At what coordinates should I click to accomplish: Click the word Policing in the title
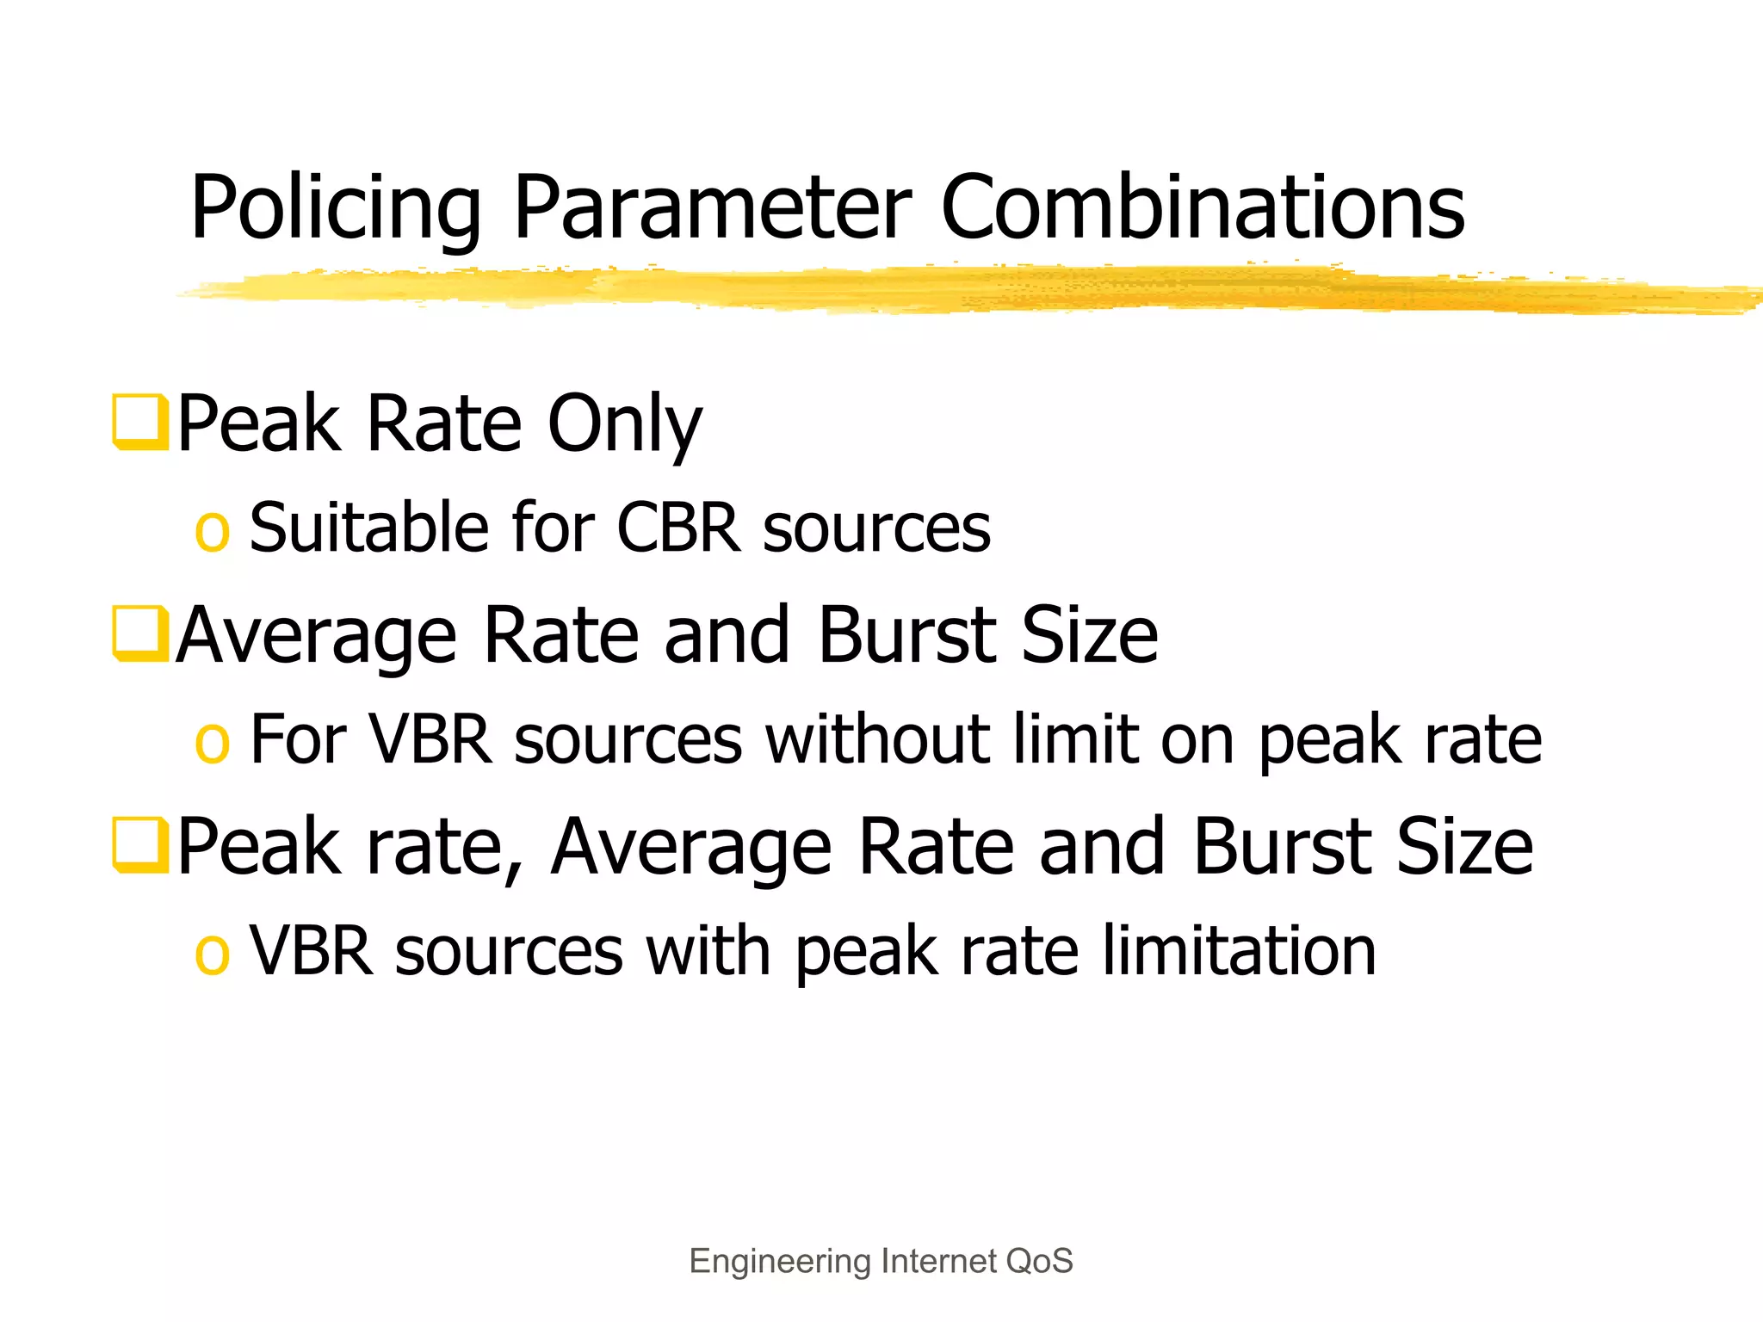[335, 208]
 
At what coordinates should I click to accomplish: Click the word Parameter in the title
[712, 208]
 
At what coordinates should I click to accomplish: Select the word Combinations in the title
[1203, 208]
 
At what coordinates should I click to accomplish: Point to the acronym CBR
[678, 527]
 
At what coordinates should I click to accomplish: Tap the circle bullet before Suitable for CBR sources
[212, 530]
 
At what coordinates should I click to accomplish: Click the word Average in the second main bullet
[316, 637]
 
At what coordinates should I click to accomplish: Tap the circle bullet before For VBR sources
[212, 742]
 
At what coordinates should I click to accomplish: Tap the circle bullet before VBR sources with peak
[212, 954]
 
